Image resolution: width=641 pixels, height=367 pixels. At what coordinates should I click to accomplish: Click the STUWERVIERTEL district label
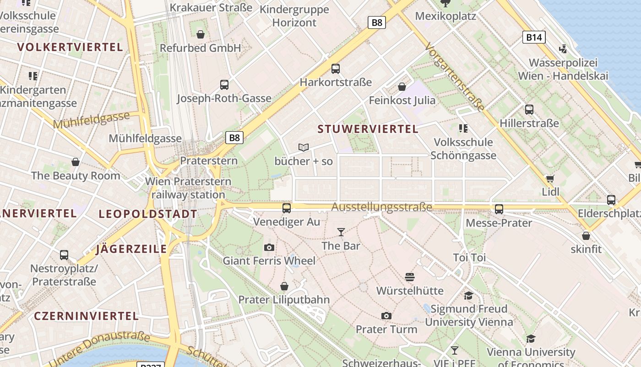pyautogui.click(x=368, y=129)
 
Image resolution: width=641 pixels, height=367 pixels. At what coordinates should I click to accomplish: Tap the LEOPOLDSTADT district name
pyautogui.click(x=148, y=214)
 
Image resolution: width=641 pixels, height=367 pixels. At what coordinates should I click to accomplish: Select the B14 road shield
pyautogui.click(x=534, y=37)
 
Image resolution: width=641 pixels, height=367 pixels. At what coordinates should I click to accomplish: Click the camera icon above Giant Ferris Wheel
pyautogui.click(x=269, y=248)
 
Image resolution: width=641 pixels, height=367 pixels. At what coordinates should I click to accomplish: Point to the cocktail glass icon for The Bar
pyautogui.click(x=341, y=232)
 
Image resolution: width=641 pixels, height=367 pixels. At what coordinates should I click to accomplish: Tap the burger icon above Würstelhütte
pyautogui.click(x=410, y=277)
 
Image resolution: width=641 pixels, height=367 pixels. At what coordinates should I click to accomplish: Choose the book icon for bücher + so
pyautogui.click(x=304, y=147)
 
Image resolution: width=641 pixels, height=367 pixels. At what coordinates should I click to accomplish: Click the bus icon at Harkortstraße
pyautogui.click(x=336, y=69)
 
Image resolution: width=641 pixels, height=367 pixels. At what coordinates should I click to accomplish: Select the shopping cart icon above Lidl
pyautogui.click(x=550, y=178)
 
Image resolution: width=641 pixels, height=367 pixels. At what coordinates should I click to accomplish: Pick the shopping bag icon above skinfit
pyautogui.click(x=586, y=236)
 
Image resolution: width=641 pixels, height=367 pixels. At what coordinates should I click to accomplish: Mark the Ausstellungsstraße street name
pyautogui.click(x=381, y=207)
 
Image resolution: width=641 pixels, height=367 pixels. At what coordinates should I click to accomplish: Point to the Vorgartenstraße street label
pyautogui.click(x=455, y=77)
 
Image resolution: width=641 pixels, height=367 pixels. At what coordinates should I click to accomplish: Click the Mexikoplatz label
pyautogui.click(x=445, y=16)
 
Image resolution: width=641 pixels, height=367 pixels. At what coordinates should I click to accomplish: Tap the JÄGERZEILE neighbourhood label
pyautogui.click(x=131, y=249)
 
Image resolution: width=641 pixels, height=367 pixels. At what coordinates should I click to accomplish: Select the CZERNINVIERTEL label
pyautogui.click(x=86, y=316)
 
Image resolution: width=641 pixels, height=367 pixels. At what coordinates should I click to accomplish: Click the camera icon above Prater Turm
pyautogui.click(x=386, y=316)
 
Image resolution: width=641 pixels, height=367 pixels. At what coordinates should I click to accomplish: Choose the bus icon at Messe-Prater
pyautogui.click(x=499, y=209)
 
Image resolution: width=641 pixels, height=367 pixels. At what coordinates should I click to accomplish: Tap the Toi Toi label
pyautogui.click(x=469, y=257)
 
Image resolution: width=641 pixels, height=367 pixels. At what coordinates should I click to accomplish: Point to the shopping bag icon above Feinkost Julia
pyautogui.click(x=402, y=87)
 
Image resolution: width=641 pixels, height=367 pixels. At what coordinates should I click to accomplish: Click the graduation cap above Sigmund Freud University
pyautogui.click(x=468, y=295)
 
